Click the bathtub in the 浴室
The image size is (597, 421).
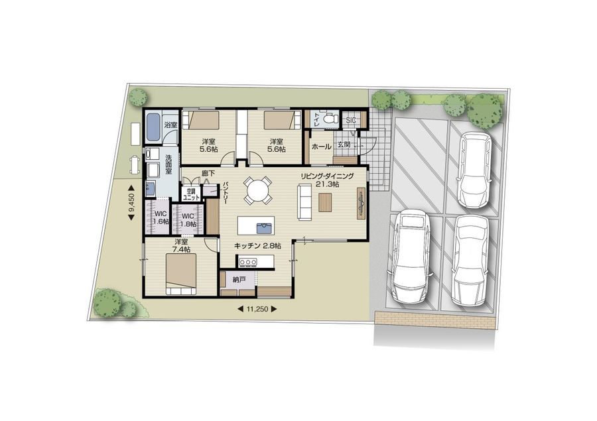coord(154,127)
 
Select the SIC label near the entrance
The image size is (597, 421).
coord(351,120)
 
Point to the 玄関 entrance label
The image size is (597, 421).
coord(344,145)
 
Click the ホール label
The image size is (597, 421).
coord(321,147)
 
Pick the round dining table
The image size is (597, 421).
coord(257,190)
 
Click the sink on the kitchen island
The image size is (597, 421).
coord(265,227)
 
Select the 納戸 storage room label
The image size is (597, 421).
coord(239,280)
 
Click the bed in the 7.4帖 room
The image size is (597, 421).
coord(181,274)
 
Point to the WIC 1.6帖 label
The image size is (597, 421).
coord(161,217)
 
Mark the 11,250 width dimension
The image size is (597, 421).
coord(257,310)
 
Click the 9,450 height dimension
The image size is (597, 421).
coord(131,203)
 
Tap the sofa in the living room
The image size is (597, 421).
coord(304,202)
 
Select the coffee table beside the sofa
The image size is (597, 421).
coord(325,202)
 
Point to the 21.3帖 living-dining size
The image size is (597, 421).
coord(328,184)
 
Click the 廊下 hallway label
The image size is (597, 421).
coord(208,173)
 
